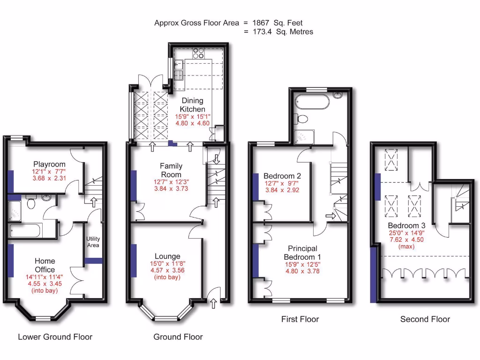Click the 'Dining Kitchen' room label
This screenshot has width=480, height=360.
193,105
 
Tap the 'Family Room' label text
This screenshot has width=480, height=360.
171,170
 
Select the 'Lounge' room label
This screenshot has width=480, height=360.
167,256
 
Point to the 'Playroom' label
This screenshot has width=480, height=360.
48,164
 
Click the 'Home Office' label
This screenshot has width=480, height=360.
45,265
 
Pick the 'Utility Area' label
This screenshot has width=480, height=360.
93,242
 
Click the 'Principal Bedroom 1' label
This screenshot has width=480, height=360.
302,253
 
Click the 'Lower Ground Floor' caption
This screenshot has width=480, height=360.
55,337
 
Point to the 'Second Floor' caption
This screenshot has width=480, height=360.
425,319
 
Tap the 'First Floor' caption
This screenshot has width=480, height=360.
300,319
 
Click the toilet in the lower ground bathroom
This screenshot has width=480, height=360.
31,202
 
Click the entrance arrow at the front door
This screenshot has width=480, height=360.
214,304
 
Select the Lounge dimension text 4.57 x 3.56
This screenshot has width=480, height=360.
167,270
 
